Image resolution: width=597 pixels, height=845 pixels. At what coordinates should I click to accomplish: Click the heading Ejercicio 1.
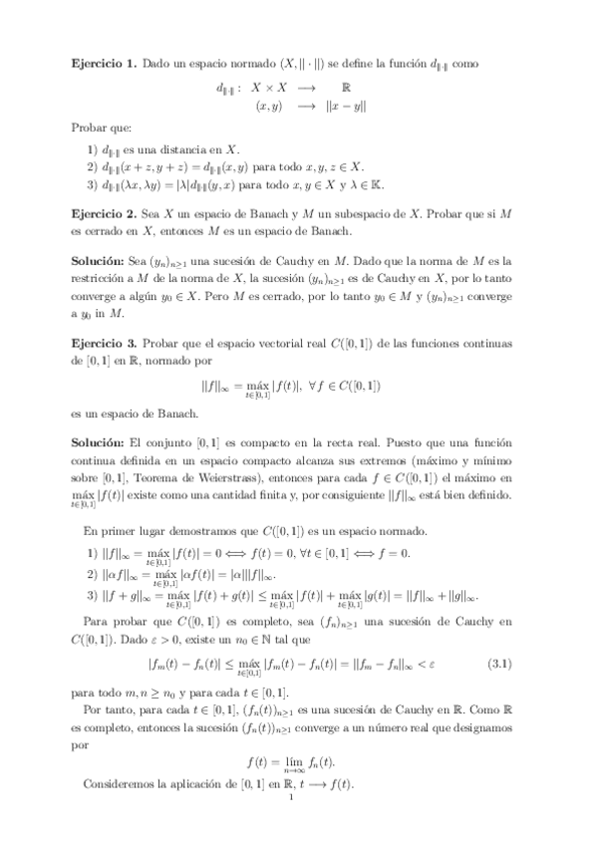[104, 63]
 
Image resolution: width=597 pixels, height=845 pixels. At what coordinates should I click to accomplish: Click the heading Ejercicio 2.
[104, 214]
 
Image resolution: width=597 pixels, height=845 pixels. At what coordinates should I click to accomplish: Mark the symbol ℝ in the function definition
[345, 87]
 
